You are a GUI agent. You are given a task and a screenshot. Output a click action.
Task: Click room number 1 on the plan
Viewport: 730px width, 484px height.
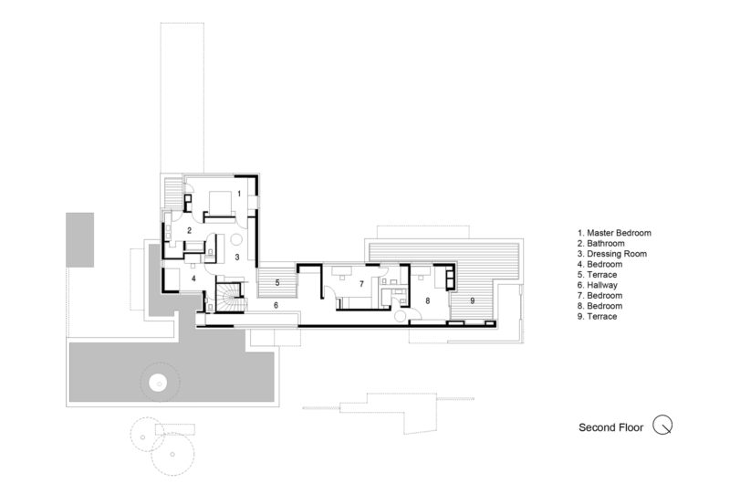(239, 194)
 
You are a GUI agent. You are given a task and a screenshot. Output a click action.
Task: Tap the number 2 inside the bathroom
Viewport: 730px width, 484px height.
(188, 230)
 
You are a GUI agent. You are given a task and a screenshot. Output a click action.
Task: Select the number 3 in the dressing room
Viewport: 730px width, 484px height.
(236, 258)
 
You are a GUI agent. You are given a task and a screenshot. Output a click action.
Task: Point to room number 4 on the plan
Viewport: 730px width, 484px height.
(193, 279)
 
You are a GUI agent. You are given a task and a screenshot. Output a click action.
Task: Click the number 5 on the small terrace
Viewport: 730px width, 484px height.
(276, 284)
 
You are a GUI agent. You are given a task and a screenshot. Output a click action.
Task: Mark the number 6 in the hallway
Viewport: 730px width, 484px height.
(275, 305)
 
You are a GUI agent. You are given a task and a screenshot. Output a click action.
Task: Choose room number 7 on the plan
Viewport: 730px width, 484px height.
(361, 284)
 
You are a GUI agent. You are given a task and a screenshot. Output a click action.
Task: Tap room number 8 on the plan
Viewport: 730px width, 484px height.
(427, 300)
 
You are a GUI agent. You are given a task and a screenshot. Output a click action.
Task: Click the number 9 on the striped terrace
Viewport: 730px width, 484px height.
(473, 300)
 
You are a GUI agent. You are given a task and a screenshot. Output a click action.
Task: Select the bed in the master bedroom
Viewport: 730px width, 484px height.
(219, 202)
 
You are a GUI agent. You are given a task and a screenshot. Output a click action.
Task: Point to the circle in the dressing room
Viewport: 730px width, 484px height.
(235, 240)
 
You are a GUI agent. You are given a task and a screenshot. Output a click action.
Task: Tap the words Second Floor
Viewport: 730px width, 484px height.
(610, 426)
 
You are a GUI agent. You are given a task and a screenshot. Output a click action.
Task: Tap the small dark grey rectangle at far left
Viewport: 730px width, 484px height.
(79, 238)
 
